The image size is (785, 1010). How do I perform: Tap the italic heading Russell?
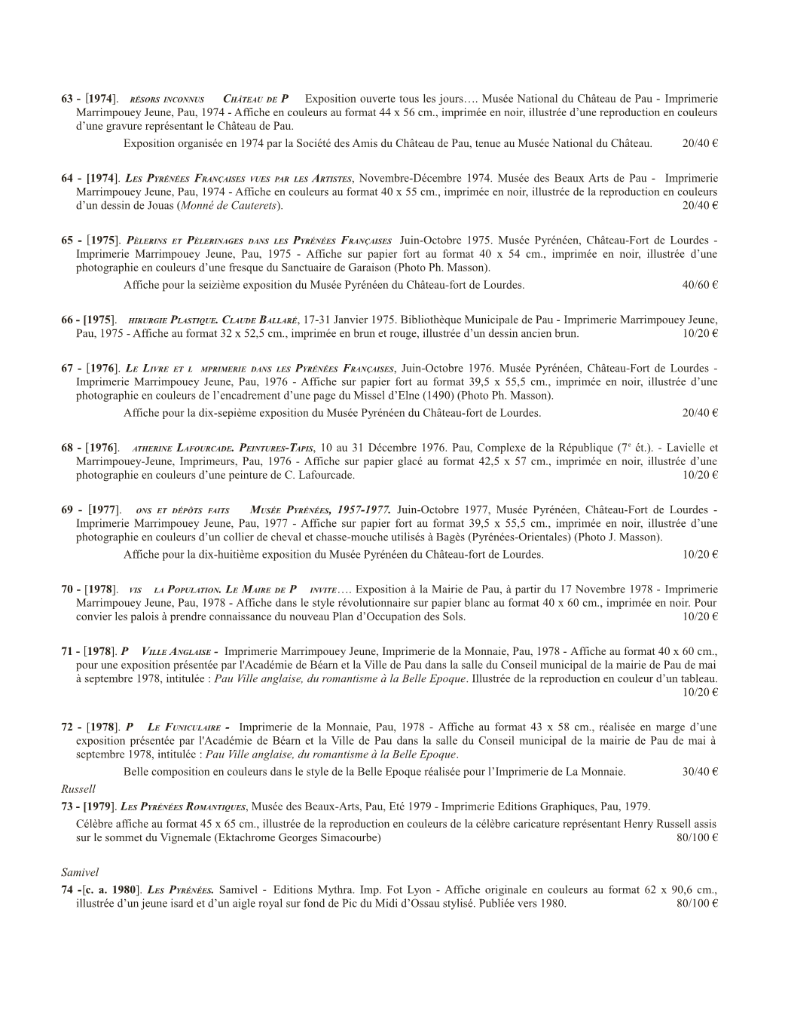click(x=78, y=789)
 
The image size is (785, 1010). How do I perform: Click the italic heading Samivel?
click(x=80, y=872)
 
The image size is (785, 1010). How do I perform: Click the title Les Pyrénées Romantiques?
click(x=184, y=807)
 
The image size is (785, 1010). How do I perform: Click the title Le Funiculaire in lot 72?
click(x=184, y=728)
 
